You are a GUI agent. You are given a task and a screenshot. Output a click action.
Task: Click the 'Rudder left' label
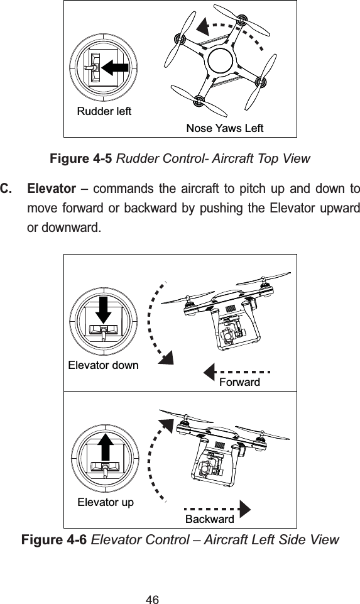pyautogui.click(x=104, y=112)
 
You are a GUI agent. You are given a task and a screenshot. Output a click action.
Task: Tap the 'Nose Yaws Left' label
pyautogui.click(x=224, y=129)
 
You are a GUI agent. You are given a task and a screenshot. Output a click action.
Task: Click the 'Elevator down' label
pyautogui.click(x=103, y=365)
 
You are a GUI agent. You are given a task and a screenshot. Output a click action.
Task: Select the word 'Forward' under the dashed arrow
pyautogui.click(x=239, y=382)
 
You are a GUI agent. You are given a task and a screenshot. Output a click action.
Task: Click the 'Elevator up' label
pyautogui.click(x=105, y=502)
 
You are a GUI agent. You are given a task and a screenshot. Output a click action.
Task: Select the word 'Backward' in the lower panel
pyautogui.click(x=209, y=519)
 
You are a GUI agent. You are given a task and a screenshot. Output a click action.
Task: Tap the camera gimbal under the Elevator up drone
pyautogui.click(x=210, y=465)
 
